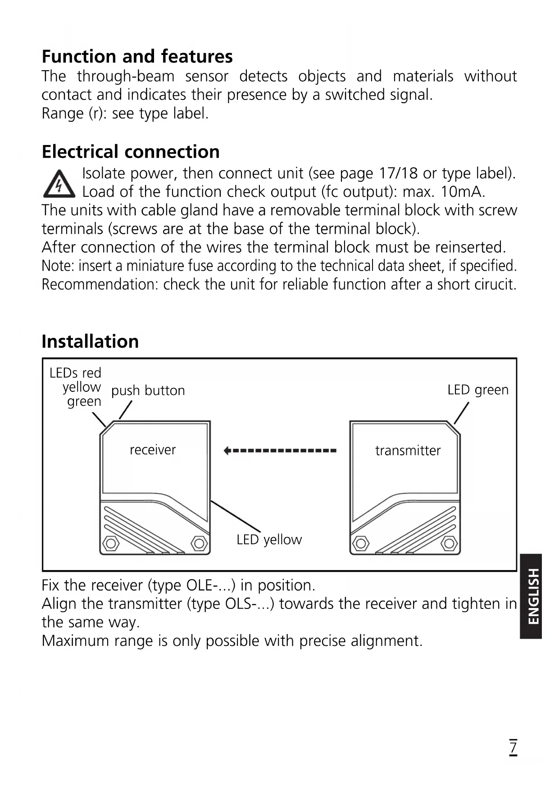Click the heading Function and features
point(137,56)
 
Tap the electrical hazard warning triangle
point(59,184)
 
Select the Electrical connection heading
point(131,152)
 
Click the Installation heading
point(90,341)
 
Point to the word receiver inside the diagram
point(153,449)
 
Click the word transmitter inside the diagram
point(408,450)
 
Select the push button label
point(148,390)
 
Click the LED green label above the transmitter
point(477,390)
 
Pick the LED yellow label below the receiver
point(269,539)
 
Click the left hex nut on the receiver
point(110,543)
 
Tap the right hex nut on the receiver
point(199,543)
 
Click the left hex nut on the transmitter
point(360,543)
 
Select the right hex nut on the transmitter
point(449,543)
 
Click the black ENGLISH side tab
point(531,596)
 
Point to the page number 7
point(513,747)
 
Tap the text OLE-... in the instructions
point(209,585)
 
